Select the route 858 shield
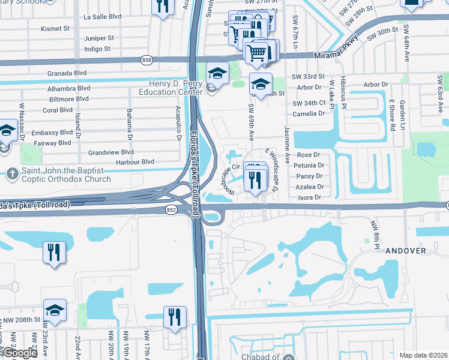coord(146,60)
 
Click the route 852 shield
coord(171,209)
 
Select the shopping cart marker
coord(258,53)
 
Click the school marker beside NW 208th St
coord(55,310)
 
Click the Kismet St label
coord(56,28)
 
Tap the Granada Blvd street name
coord(68,73)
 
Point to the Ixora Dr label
coord(310,197)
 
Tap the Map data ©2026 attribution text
coord(423,355)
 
